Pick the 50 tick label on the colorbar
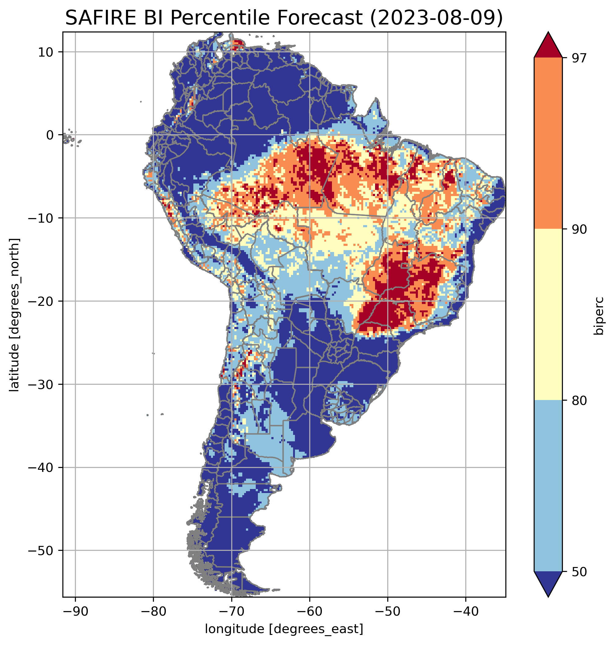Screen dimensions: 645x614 [579, 572]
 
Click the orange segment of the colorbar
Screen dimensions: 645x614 [548, 143]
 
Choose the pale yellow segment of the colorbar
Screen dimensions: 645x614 [548, 314]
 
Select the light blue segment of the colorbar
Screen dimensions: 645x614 [548, 486]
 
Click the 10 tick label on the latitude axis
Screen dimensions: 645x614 [46, 52]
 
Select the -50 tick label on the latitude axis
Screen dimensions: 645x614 [41, 551]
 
